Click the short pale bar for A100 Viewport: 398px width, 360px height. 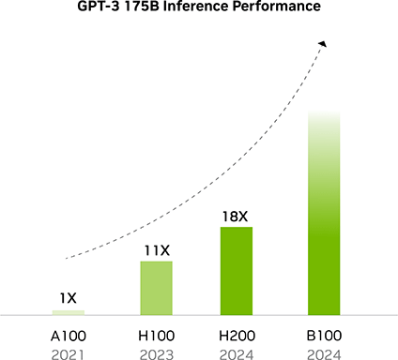pos(69,311)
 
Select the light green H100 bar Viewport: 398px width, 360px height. pos(156,287)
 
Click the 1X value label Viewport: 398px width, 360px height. pos(68,298)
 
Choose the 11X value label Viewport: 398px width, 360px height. pos(156,250)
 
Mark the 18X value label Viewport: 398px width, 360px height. pos(236,217)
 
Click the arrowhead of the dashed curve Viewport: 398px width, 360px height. pos(323,43)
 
